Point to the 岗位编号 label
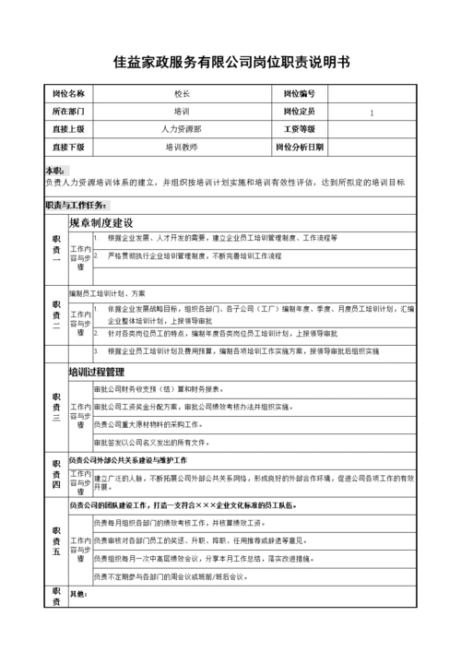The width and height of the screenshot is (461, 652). click(299, 94)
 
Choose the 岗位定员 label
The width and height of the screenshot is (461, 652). click(299, 112)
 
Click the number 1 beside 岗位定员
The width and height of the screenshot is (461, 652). click(372, 113)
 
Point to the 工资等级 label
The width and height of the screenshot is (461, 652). click(299, 129)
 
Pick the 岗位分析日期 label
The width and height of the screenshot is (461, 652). click(299, 147)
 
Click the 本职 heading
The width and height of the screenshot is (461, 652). click(55, 172)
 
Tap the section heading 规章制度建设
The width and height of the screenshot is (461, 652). click(101, 223)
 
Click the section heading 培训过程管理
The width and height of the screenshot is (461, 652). click(97, 373)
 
